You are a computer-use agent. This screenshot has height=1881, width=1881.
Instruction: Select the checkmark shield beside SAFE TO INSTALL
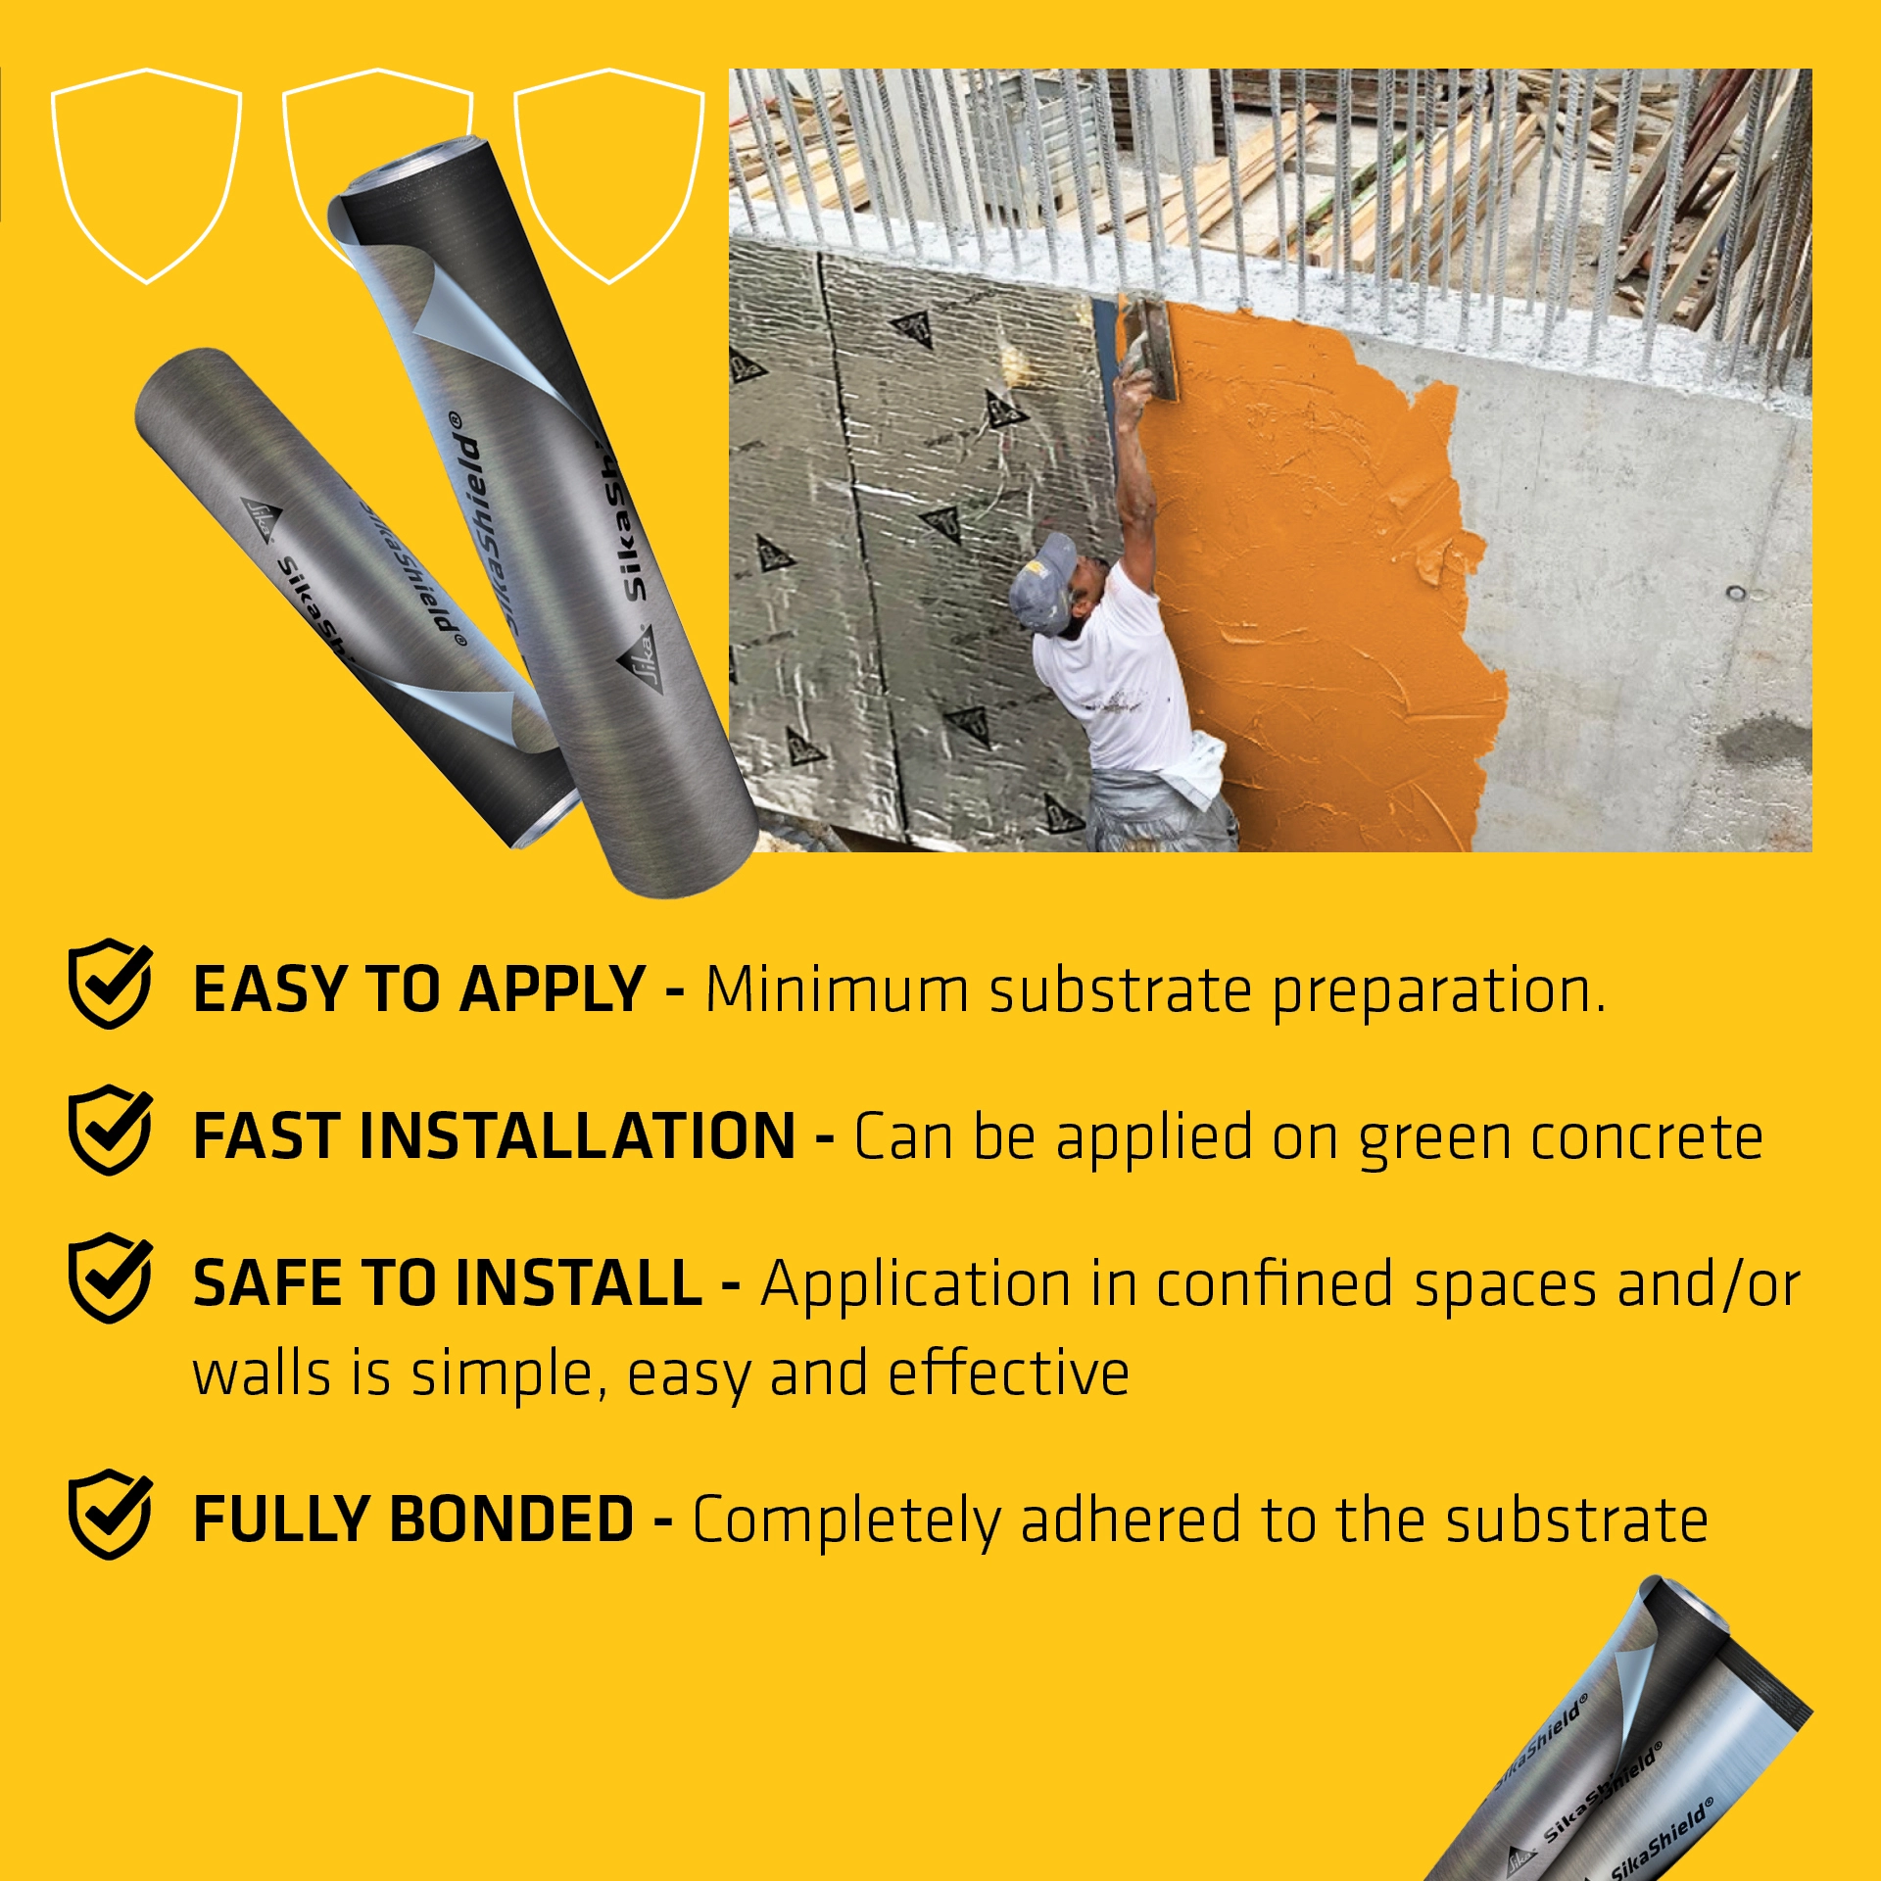110,1278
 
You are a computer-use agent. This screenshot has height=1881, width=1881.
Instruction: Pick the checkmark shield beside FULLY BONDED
110,1514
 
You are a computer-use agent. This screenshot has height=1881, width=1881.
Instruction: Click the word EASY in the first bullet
268,989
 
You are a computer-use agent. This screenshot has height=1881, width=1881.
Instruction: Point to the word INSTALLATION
578,1136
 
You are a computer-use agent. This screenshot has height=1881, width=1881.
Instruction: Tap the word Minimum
837,989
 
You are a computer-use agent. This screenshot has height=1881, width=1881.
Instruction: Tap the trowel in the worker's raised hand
1152,348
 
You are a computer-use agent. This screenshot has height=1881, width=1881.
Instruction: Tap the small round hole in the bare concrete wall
1735,593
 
